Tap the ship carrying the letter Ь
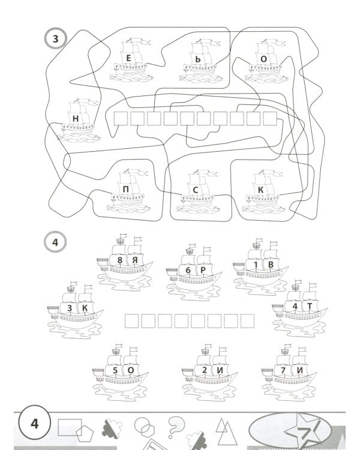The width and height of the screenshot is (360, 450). click(x=200, y=60)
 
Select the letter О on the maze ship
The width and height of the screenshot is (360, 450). click(x=263, y=59)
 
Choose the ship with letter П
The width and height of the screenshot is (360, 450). click(x=127, y=190)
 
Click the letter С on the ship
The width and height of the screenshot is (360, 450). click(x=196, y=191)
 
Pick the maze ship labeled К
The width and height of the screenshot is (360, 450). click(x=261, y=190)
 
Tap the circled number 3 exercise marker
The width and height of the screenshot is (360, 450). click(x=56, y=39)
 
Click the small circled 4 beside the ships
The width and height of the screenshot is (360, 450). click(x=55, y=243)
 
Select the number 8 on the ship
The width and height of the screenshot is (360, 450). click(x=120, y=260)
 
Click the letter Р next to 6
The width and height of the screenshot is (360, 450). click(x=203, y=271)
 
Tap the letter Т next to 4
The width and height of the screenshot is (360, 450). click(x=310, y=306)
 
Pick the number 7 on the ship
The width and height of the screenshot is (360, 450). click(x=284, y=371)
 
